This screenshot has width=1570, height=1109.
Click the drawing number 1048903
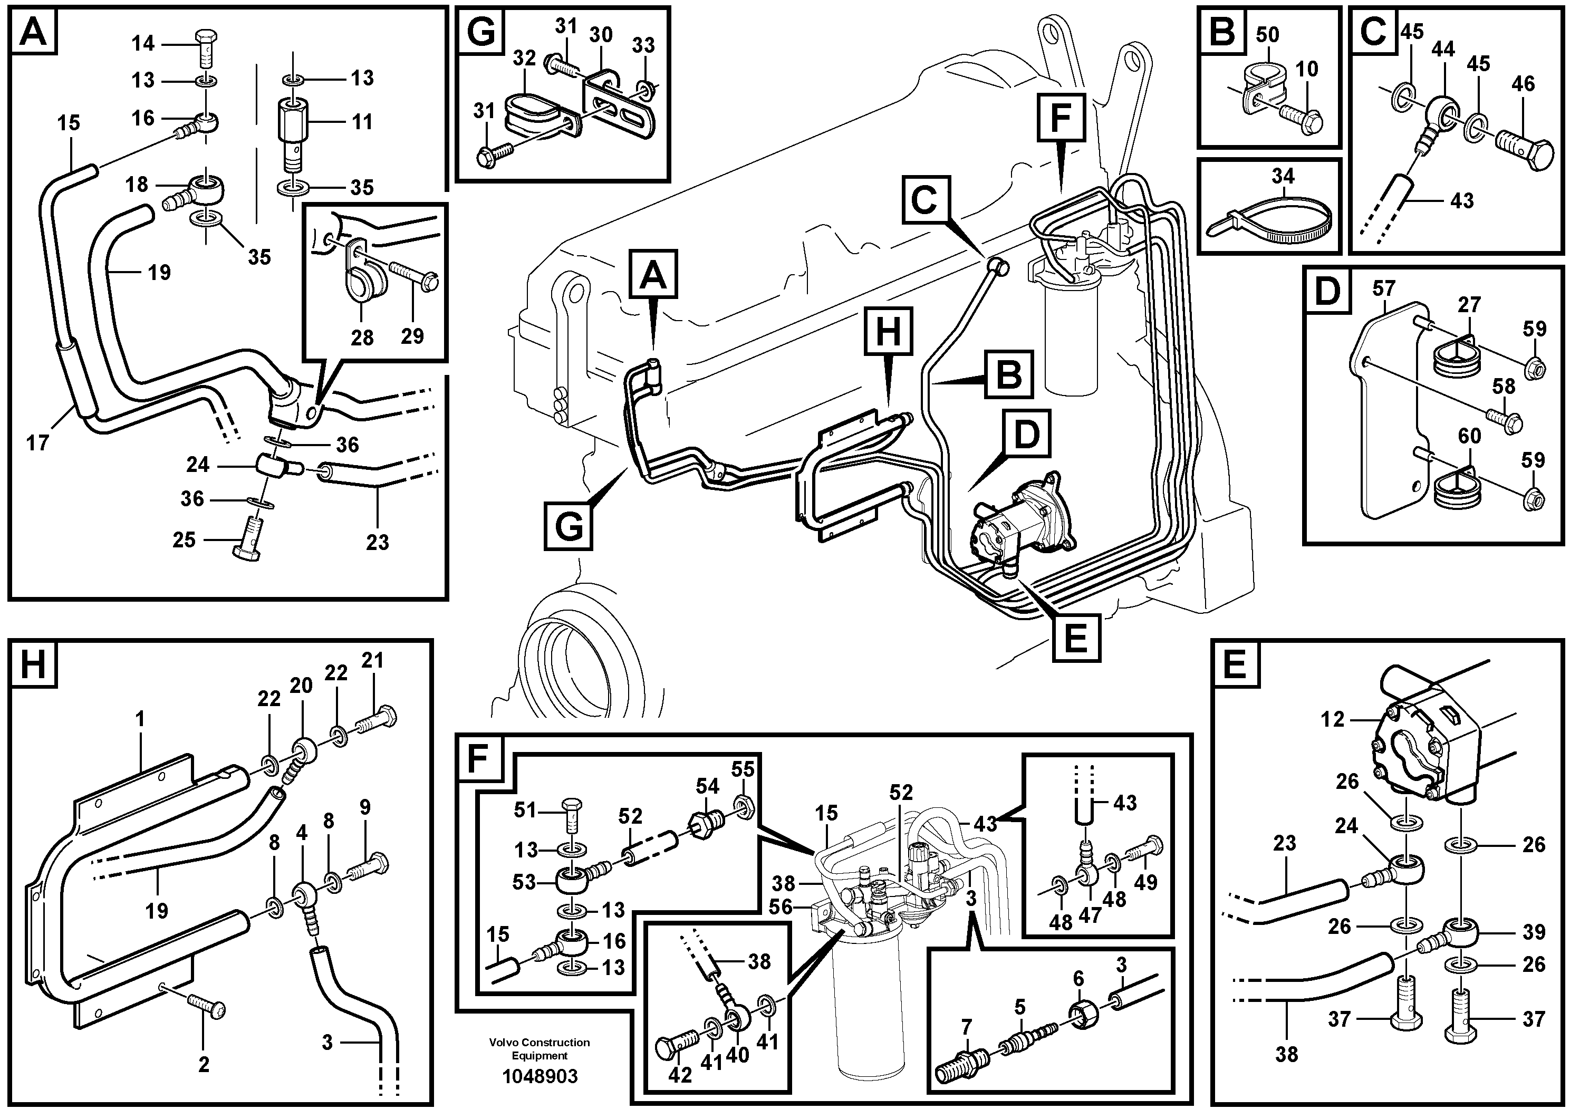540,1076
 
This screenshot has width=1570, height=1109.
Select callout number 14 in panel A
143,44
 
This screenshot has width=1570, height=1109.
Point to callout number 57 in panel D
1383,288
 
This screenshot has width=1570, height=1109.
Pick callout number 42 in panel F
680,1075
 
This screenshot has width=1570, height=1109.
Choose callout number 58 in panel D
1504,387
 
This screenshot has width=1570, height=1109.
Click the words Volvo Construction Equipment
539,1049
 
